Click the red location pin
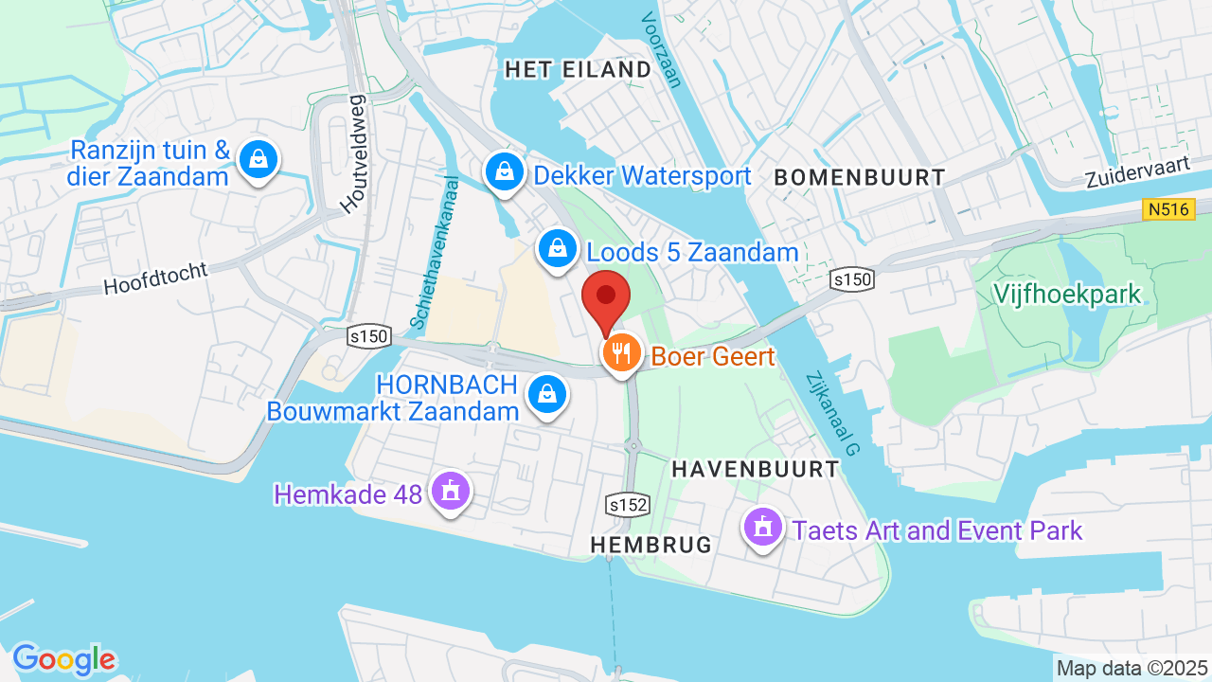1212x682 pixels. tap(606, 296)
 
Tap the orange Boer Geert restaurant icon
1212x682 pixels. tap(621, 355)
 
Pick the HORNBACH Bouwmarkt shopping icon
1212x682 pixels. tap(546, 395)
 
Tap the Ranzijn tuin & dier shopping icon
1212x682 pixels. tap(258, 160)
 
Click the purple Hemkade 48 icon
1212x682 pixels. tap(450, 491)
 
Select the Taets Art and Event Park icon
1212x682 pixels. tap(763, 527)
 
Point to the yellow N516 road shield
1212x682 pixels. tap(1168, 209)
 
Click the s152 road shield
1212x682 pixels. tap(628, 505)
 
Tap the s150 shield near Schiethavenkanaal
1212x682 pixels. tap(369, 335)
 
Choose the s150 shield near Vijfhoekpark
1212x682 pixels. tap(850, 279)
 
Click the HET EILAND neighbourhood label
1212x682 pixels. tap(578, 69)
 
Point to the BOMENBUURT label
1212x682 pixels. tap(859, 177)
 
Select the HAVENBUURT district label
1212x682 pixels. tap(755, 469)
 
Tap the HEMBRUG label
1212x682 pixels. tap(651, 545)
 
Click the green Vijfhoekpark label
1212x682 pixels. tap(1067, 294)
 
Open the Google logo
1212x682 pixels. tap(63, 659)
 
